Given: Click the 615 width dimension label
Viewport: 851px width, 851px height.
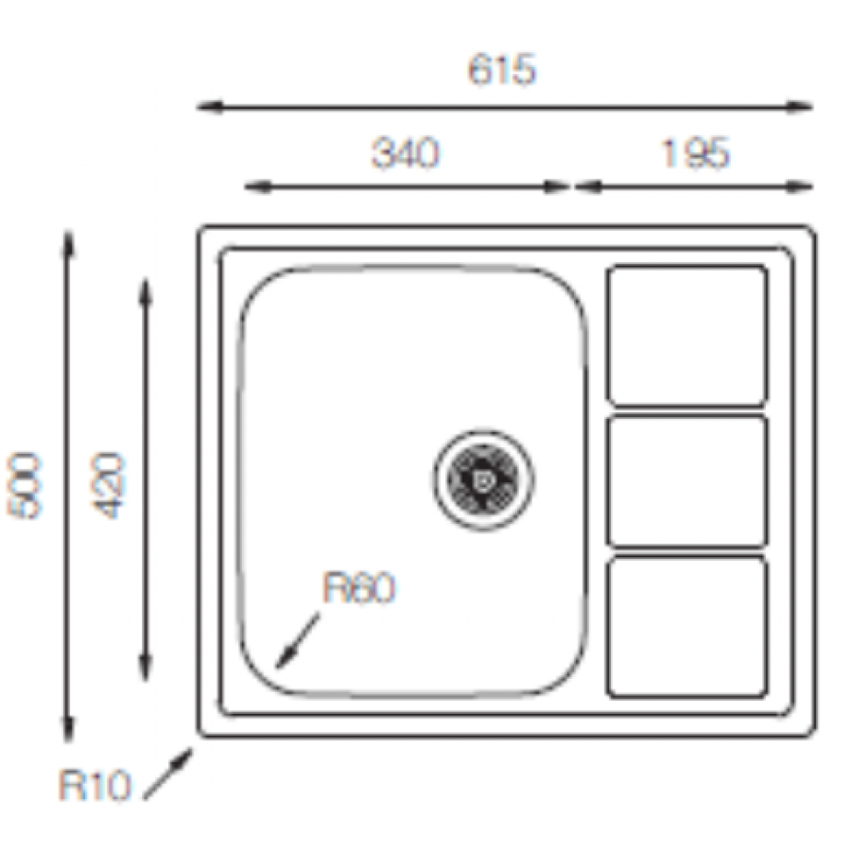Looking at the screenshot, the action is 502,69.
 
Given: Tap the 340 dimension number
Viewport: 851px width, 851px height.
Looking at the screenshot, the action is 406,153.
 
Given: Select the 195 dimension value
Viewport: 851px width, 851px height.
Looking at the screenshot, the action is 696,153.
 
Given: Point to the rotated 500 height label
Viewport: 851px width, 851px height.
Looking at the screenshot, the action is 24,486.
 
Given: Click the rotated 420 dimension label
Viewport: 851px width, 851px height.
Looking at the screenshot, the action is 108,486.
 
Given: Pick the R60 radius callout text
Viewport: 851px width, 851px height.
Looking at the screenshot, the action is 359,588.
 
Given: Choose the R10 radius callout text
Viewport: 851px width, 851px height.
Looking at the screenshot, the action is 95,786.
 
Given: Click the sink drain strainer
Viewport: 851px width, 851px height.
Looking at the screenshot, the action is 483,479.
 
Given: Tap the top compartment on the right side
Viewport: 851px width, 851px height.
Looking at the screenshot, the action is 687,336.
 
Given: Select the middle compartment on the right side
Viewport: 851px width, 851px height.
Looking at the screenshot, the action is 687,481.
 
